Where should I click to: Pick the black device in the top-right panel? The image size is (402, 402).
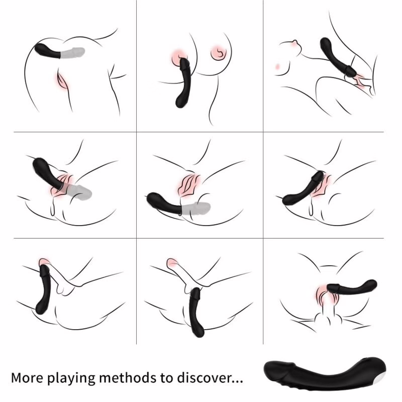tap(335, 56)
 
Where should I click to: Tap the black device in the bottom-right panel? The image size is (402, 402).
tap(352, 287)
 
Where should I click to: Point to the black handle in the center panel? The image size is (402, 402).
tap(163, 202)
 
